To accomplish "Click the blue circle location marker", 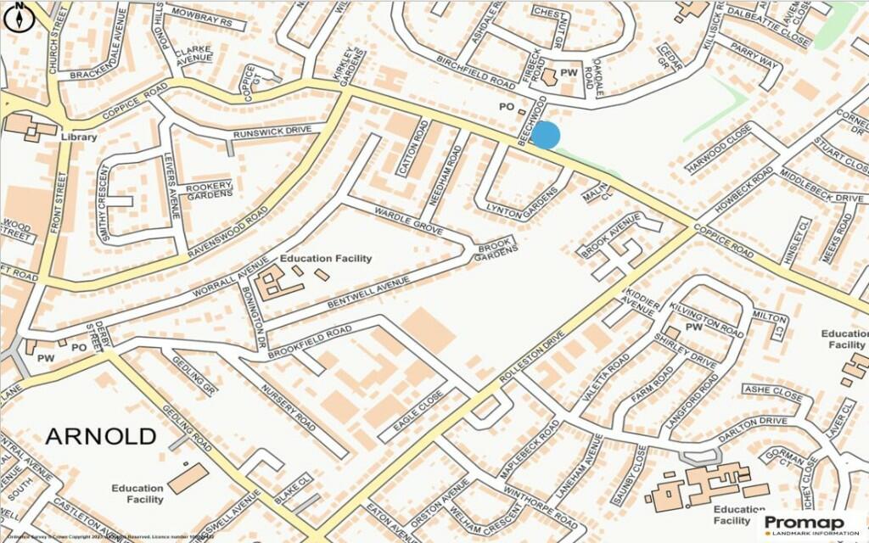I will point(546,135).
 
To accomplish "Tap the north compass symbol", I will point(20,18).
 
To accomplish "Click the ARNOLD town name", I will point(100,436).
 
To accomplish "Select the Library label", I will point(78,137).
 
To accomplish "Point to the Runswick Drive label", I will point(278,132).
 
